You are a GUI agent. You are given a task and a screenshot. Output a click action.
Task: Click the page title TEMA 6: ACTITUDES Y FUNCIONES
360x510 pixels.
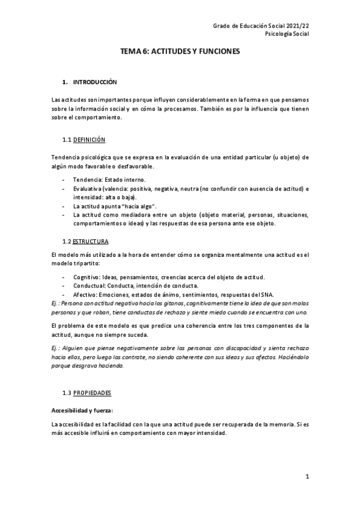tap(180, 52)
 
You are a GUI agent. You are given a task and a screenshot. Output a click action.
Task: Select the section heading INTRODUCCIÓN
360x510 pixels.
tap(94, 82)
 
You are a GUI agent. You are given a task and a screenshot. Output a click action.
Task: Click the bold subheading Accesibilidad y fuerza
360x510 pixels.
tap(82, 410)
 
